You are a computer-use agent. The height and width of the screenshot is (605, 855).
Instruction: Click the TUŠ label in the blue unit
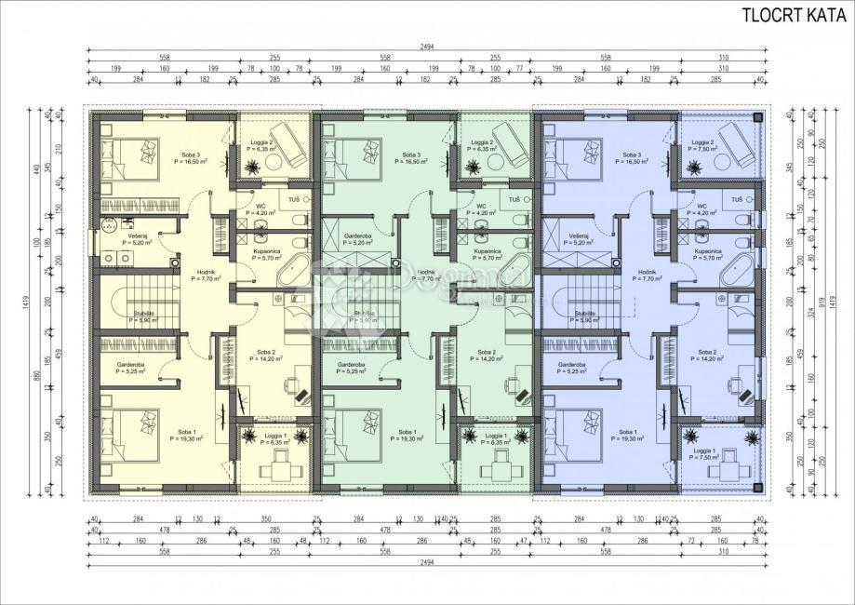pyautogui.click(x=737, y=199)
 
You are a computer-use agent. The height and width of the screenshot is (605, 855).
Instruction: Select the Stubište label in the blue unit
pyautogui.click(x=586, y=316)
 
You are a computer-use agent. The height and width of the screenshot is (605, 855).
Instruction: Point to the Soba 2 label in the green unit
pyautogui.click(x=486, y=356)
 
